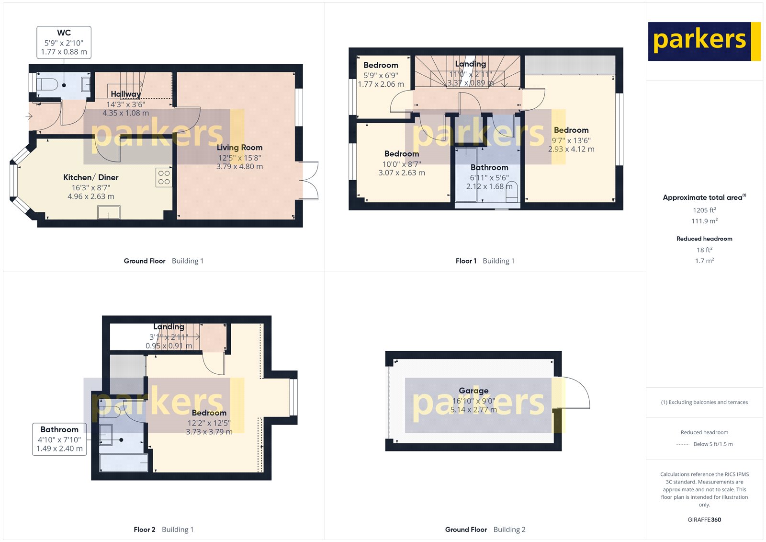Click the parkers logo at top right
tap(704, 41)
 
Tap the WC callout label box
tap(64, 42)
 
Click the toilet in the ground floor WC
tap(47, 85)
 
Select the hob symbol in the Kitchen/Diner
tap(164, 177)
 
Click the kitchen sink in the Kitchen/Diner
tap(109, 212)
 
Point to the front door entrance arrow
tap(29, 116)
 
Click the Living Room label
tap(239, 148)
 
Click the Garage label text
tap(473, 391)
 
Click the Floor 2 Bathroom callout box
tap(59, 439)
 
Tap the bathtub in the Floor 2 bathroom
tap(123, 462)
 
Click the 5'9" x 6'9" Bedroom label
tap(381, 65)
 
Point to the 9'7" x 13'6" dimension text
tap(571, 140)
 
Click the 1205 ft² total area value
tap(704, 210)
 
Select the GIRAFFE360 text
tap(704, 519)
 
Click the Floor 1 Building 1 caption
tap(484, 261)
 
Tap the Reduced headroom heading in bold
tap(704, 239)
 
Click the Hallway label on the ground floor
tap(125, 94)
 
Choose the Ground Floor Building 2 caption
tap(485, 530)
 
